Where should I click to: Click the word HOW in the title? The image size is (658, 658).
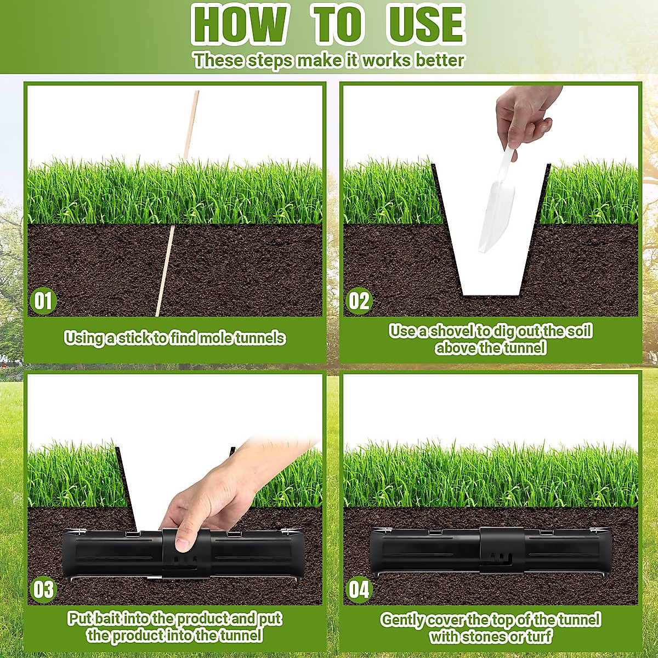click(240, 25)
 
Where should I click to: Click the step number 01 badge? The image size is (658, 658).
click(43, 301)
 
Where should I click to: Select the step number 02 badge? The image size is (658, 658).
click(359, 301)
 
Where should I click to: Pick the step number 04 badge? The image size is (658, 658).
click(359, 590)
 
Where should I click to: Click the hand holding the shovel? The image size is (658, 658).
click(524, 112)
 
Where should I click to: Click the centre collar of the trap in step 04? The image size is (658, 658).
click(502, 550)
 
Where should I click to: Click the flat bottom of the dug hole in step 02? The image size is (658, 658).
click(491, 293)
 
